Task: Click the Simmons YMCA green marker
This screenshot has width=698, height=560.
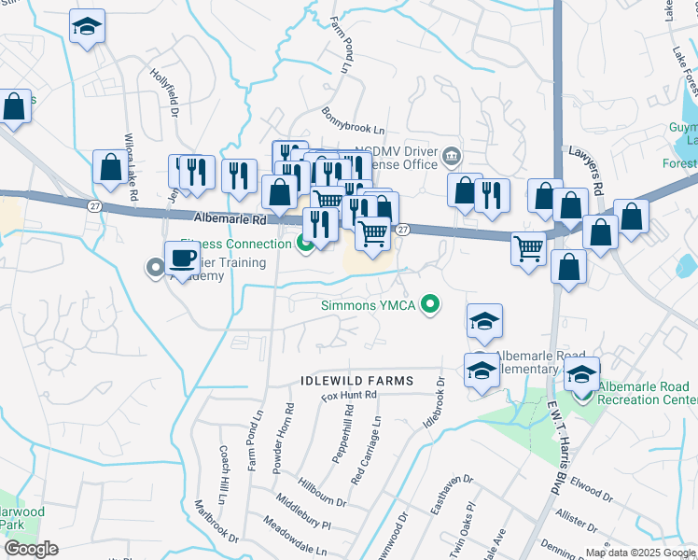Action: pyautogui.click(x=430, y=304)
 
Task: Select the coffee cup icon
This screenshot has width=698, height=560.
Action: pyautogui.click(x=182, y=259)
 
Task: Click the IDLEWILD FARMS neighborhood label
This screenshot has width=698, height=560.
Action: pyautogui.click(x=356, y=381)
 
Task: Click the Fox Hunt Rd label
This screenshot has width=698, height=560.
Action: pyautogui.click(x=349, y=396)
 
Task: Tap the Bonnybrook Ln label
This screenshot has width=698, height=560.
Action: pyautogui.click(x=354, y=122)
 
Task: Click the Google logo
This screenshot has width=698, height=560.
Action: pyautogui.click(x=31, y=548)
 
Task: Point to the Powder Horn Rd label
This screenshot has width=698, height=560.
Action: pyautogui.click(x=281, y=440)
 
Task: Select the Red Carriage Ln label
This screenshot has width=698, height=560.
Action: pyautogui.click(x=366, y=449)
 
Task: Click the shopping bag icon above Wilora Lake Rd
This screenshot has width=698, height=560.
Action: pyautogui.click(x=110, y=167)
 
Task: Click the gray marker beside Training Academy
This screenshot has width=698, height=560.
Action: pyautogui.click(x=156, y=270)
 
